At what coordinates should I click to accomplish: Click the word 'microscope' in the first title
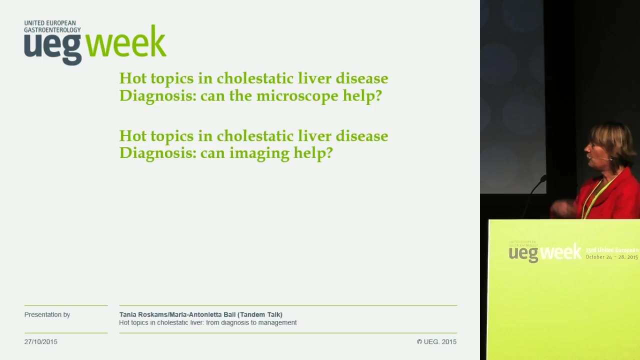point(297,95)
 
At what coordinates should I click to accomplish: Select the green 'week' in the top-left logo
point(126,42)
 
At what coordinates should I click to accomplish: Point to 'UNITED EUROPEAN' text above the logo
point(50,23)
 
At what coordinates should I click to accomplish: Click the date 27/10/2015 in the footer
point(41,341)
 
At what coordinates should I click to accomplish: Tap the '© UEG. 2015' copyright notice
point(436,341)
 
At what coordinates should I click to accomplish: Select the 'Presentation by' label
point(47,314)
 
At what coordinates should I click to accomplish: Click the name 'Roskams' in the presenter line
point(153,314)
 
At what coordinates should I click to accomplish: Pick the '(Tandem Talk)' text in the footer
point(259,314)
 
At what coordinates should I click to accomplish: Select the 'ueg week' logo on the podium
point(545,252)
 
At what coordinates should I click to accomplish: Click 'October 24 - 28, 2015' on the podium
point(611,257)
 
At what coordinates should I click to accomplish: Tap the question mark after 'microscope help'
point(377,95)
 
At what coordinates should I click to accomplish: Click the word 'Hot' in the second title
point(133,135)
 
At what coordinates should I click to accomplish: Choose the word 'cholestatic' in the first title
point(255,78)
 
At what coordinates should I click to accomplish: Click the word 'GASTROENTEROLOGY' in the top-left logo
point(52,30)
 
